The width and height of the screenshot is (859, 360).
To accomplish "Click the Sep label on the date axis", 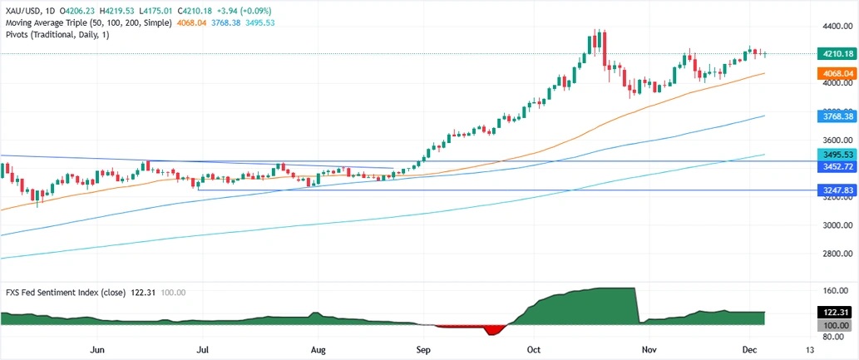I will tap(423, 351).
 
